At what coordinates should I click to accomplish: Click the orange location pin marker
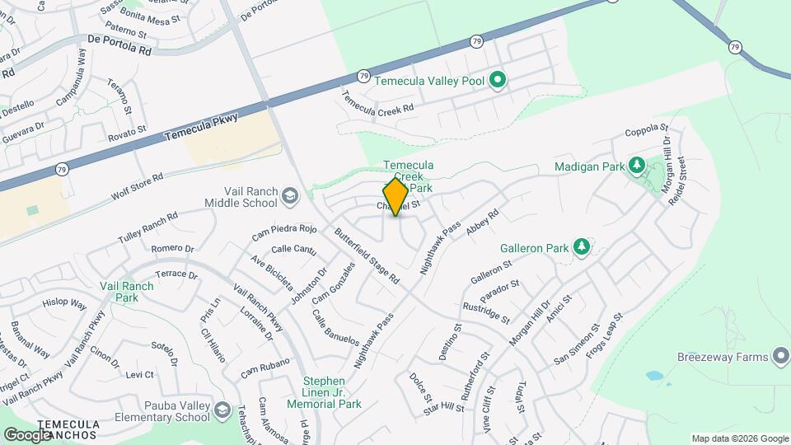395,197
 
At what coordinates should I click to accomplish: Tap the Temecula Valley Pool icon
497,81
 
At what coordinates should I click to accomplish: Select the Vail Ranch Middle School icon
289,196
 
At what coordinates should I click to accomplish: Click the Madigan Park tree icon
636,166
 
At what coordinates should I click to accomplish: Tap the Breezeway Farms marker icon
780,357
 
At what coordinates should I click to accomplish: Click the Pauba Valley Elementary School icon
222,410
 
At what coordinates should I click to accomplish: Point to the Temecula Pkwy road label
201,129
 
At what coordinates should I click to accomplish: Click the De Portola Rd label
119,44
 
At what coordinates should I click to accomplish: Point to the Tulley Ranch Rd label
148,228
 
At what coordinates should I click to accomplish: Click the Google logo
27,434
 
